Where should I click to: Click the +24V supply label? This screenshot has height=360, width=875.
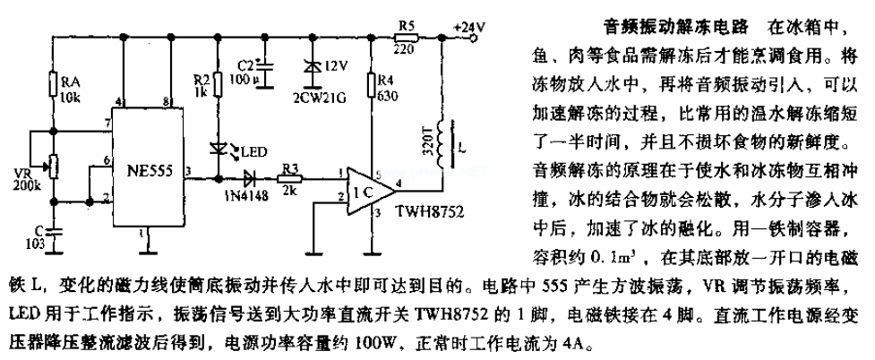[x=468, y=26]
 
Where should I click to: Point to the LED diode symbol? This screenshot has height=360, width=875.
[x=219, y=149]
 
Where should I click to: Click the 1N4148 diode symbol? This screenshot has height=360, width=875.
[x=247, y=179]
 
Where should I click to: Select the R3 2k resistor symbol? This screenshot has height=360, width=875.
[x=289, y=179]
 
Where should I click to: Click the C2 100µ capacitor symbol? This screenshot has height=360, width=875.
[x=265, y=72]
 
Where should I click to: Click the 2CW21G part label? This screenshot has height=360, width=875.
[x=319, y=99]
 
